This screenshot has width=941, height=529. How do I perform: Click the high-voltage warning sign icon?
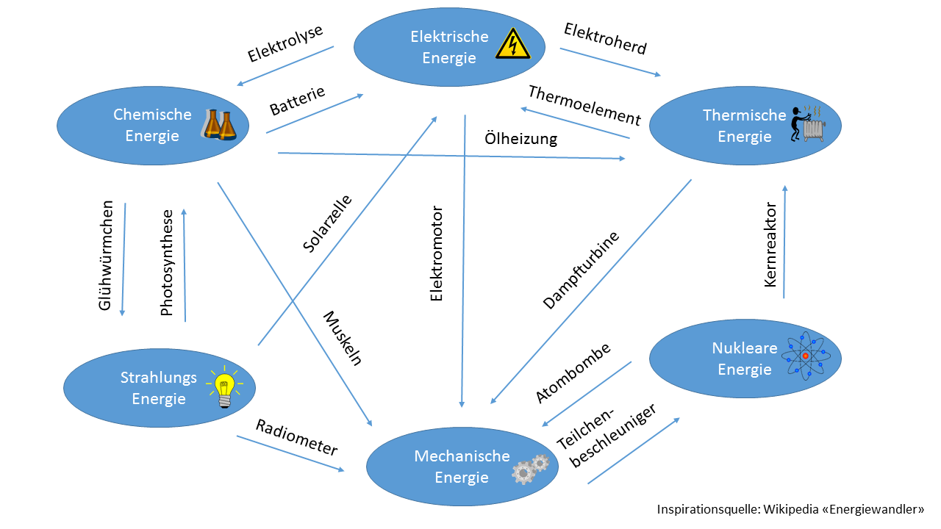coord(512,43)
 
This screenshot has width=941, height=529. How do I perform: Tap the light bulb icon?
coord(225,387)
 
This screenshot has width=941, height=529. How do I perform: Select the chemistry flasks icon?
coord(220,125)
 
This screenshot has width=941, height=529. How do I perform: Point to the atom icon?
coord(805,356)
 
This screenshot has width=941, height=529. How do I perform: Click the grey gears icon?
coord(531,468)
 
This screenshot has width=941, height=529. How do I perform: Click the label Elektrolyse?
coord(285,43)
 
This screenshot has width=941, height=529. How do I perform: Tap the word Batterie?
coord(297,100)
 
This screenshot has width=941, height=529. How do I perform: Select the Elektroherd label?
coord(605,39)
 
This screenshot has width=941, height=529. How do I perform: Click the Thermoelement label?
coord(584,105)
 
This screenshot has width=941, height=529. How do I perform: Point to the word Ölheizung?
coord(520,139)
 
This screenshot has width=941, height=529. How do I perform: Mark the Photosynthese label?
coord(167,263)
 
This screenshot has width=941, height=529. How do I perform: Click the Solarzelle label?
coord(327,223)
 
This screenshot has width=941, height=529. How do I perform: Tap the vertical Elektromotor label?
coord(437,254)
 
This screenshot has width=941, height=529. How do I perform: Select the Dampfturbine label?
coord(581,270)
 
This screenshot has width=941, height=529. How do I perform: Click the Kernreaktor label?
coord(770,244)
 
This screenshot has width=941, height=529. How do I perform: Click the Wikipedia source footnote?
coord(790,509)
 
